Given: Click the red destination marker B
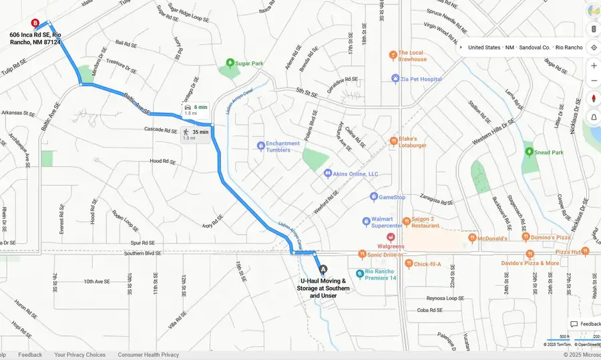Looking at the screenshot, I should [35, 23].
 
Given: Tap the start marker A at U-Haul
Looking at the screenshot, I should [324, 269].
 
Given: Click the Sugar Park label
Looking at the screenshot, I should [248, 63].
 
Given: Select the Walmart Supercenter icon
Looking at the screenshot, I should [367, 221].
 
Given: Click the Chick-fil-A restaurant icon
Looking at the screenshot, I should [407, 264].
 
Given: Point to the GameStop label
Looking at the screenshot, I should [392, 197].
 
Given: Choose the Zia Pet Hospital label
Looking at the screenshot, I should [421, 79].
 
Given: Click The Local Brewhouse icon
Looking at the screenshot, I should [394, 55].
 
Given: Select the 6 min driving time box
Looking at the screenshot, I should [195, 110].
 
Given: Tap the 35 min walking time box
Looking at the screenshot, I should [196, 134].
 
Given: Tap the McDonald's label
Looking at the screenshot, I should [493, 238].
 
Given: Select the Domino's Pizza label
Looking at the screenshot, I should [550, 237].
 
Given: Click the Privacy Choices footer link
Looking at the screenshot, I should [79, 355].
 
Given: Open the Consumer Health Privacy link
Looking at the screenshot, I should [148, 355].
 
